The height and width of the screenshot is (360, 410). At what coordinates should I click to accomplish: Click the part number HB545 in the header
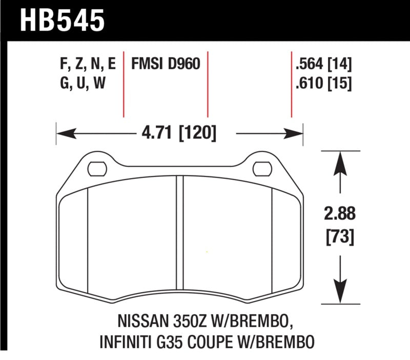point(61,20)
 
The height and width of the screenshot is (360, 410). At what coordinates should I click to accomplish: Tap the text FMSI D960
point(165,65)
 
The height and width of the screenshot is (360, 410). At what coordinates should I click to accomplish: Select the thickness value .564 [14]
point(323,65)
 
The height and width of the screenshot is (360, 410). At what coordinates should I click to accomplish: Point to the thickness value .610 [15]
point(323,83)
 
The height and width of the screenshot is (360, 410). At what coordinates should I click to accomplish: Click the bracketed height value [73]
point(340,237)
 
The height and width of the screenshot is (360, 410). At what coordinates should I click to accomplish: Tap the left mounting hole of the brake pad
point(96,168)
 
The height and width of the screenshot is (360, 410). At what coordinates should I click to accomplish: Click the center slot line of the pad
point(179,236)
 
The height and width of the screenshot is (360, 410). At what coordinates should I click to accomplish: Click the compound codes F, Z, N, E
point(88,65)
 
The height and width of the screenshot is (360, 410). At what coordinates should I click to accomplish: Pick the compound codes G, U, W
point(82,83)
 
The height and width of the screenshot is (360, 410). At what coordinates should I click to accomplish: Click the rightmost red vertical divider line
point(291,85)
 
